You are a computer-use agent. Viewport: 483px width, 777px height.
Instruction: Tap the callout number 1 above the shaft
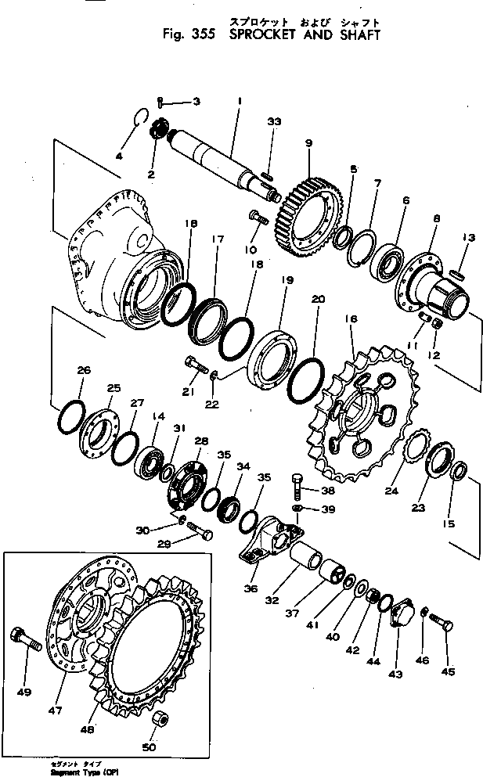click(x=239, y=100)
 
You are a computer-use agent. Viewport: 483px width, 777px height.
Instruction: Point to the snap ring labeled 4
click(x=140, y=117)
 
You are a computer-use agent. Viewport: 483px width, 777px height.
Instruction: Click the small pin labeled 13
click(x=458, y=272)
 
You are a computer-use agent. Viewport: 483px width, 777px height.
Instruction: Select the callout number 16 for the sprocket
click(x=350, y=319)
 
